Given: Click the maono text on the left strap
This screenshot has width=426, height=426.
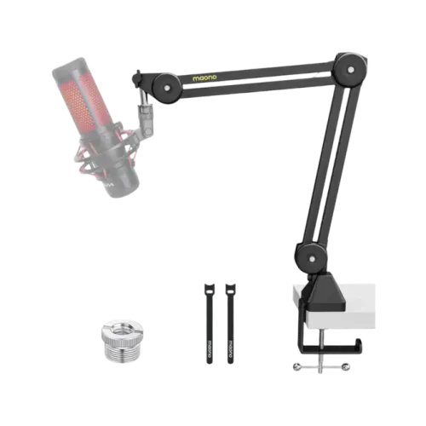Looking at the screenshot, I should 209,346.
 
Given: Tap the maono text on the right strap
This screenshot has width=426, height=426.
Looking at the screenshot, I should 229,346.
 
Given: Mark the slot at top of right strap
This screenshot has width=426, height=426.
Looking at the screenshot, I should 229,287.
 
